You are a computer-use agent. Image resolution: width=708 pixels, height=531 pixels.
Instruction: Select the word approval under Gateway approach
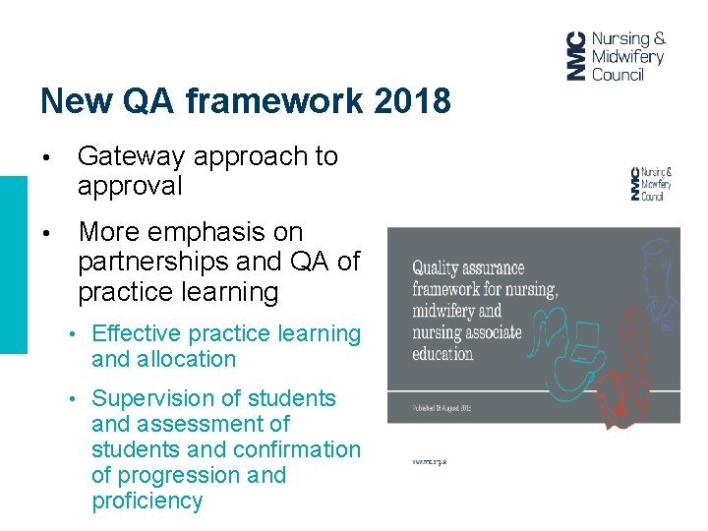[x=130, y=186]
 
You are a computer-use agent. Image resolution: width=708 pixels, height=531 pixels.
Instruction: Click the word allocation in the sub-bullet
[x=187, y=360]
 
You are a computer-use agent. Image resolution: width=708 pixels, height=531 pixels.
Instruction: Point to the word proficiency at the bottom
[x=147, y=501]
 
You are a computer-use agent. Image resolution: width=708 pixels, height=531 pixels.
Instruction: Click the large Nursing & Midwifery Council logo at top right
[x=616, y=56]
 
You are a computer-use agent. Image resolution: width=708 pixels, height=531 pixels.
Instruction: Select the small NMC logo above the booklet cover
[x=651, y=184]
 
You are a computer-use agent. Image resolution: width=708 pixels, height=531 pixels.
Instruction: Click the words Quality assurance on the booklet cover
[x=467, y=268]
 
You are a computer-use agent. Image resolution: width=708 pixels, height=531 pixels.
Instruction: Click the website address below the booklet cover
[x=430, y=460]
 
